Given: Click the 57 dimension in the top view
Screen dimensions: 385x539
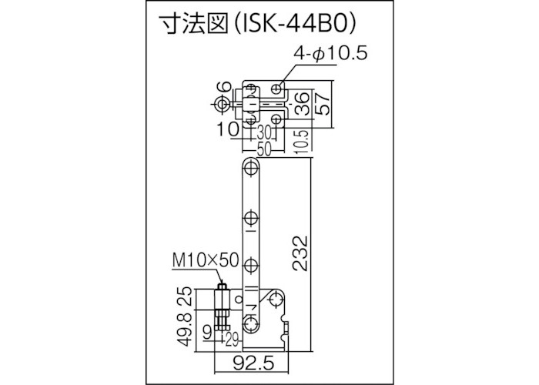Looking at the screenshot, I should [324, 102].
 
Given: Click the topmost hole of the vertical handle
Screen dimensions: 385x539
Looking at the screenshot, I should [249, 167].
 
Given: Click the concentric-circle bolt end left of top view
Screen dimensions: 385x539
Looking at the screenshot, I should [222, 103].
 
